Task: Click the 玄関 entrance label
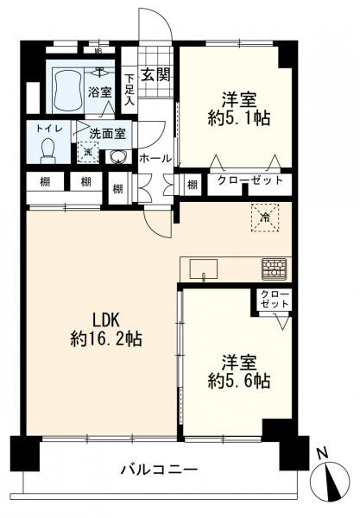click(156, 75)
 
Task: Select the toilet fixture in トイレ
click(48, 150)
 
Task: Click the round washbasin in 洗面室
click(117, 157)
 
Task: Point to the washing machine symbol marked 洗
click(88, 152)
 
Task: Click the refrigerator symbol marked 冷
click(265, 218)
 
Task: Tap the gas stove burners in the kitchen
click(275, 268)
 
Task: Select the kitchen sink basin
click(204, 268)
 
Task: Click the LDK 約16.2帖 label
click(105, 330)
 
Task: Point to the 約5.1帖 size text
click(239, 118)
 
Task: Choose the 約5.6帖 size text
click(239, 381)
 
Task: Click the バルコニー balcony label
click(159, 469)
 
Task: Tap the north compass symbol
click(330, 478)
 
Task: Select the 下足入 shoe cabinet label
click(129, 90)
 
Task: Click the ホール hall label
click(155, 159)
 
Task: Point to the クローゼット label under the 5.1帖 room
click(250, 180)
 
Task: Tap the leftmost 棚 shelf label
click(45, 182)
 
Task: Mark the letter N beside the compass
click(322, 453)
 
